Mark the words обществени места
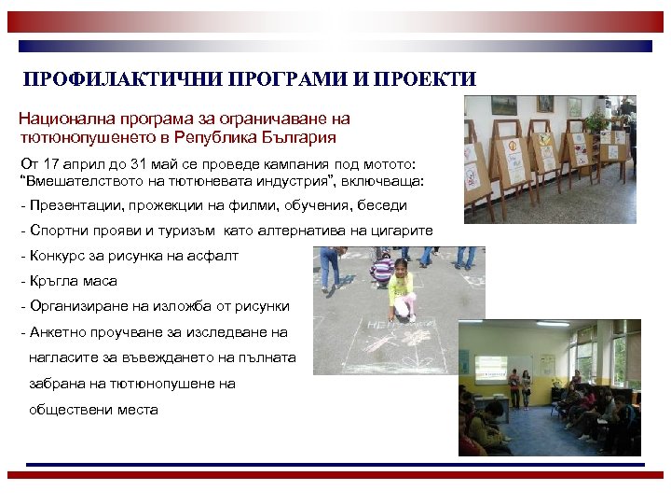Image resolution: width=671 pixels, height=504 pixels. pyautogui.click(x=93, y=409)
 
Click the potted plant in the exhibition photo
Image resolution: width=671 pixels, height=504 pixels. pyautogui.click(x=596, y=121)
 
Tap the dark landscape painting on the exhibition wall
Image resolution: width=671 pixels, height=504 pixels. pyautogui.click(x=504, y=105)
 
